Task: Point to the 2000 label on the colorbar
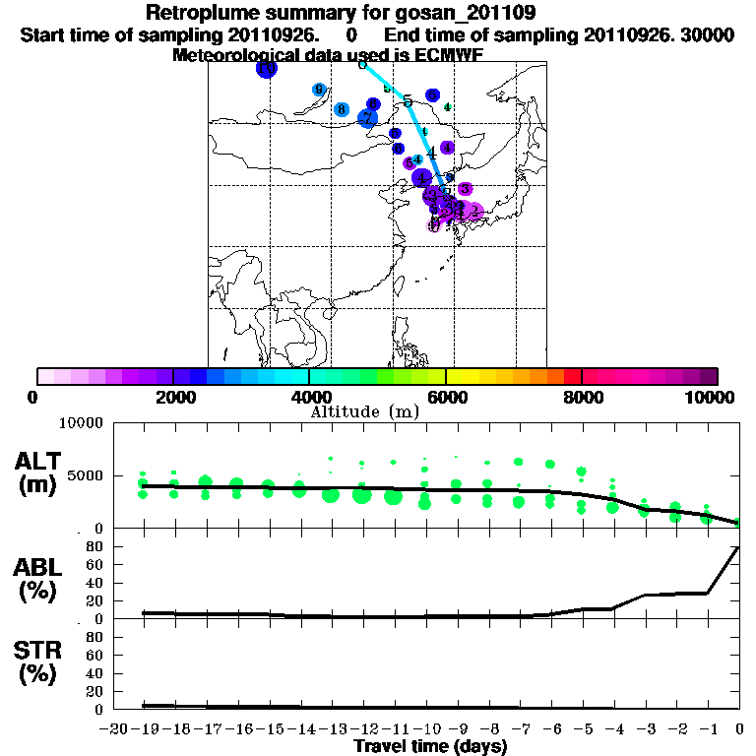pos(172,398)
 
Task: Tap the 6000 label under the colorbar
pos(446,398)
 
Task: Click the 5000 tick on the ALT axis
pos(85,476)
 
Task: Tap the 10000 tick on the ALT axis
pos(81,423)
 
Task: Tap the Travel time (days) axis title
pos(430,746)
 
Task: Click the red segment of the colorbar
pos(572,376)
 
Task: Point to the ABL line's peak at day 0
pos(739,547)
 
